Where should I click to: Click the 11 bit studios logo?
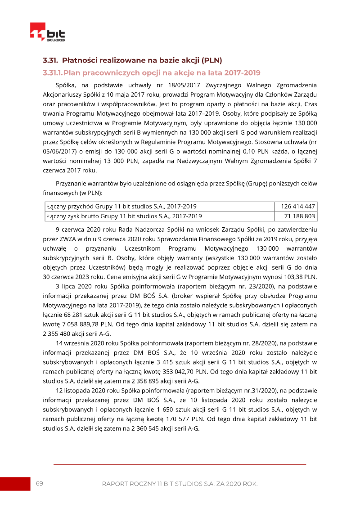point(47,33)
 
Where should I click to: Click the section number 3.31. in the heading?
point(51,60)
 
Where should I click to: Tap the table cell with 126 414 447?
point(297,207)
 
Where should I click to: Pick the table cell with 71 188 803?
point(299,216)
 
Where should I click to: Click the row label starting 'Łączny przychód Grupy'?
point(121,207)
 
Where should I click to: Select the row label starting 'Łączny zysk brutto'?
point(124,216)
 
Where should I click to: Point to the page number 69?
point(40,483)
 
